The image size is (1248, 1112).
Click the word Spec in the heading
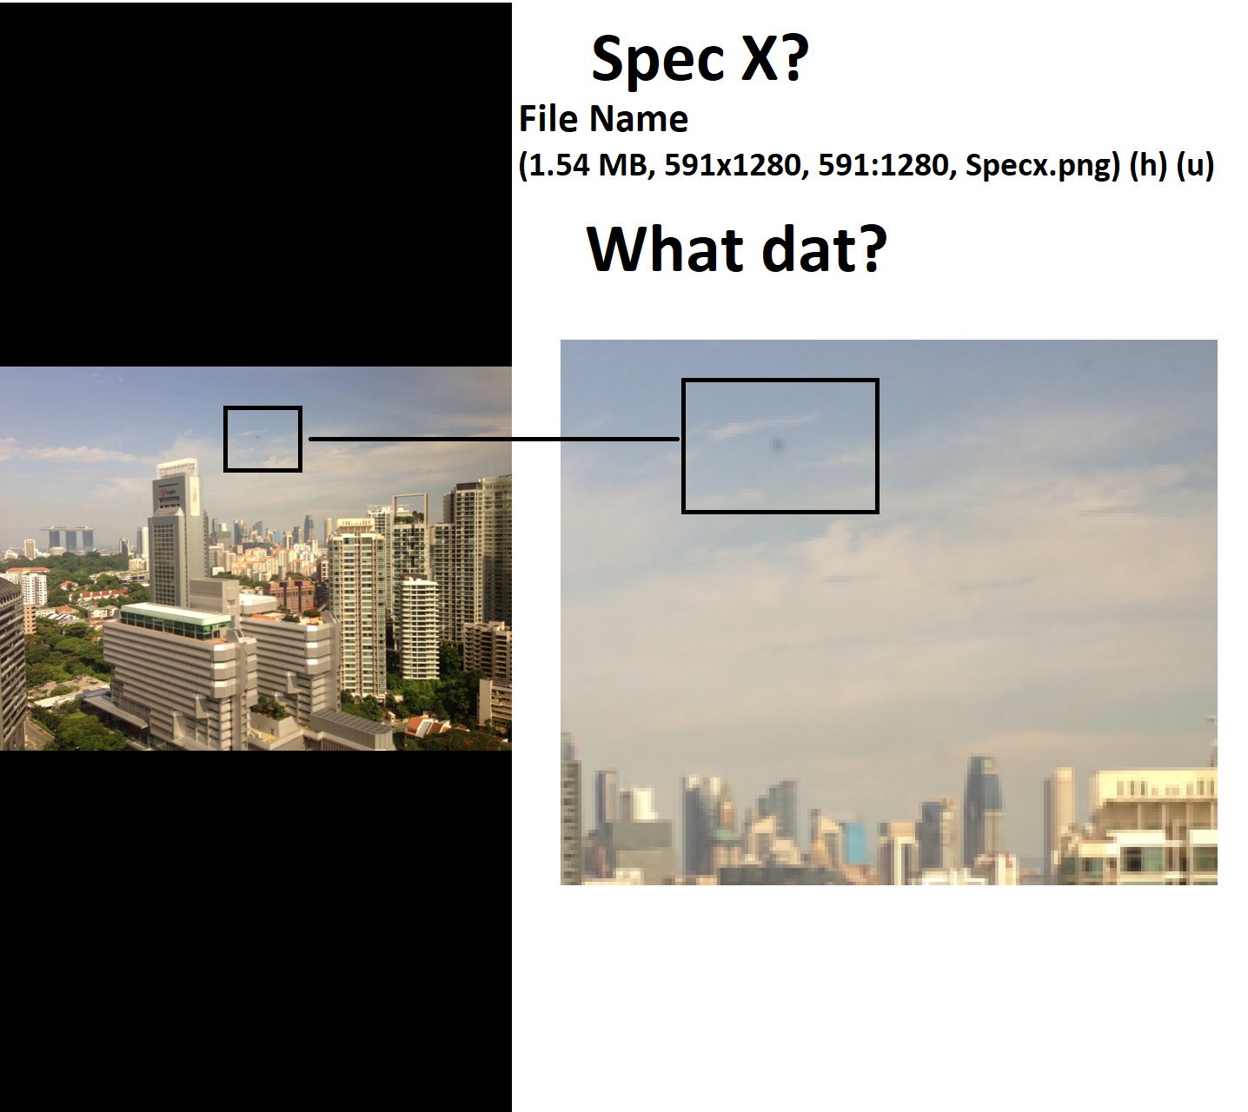coord(657,60)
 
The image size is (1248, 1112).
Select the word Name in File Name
coord(638,118)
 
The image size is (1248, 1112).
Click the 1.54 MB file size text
coord(588,165)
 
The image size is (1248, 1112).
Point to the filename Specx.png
coord(1042,166)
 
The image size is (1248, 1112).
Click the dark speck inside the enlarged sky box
coord(778,445)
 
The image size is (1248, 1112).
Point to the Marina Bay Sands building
coord(67,538)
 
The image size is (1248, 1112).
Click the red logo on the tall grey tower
coord(164,492)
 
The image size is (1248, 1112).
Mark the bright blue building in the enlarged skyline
coord(854,842)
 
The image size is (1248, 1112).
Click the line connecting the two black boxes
coord(494,439)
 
